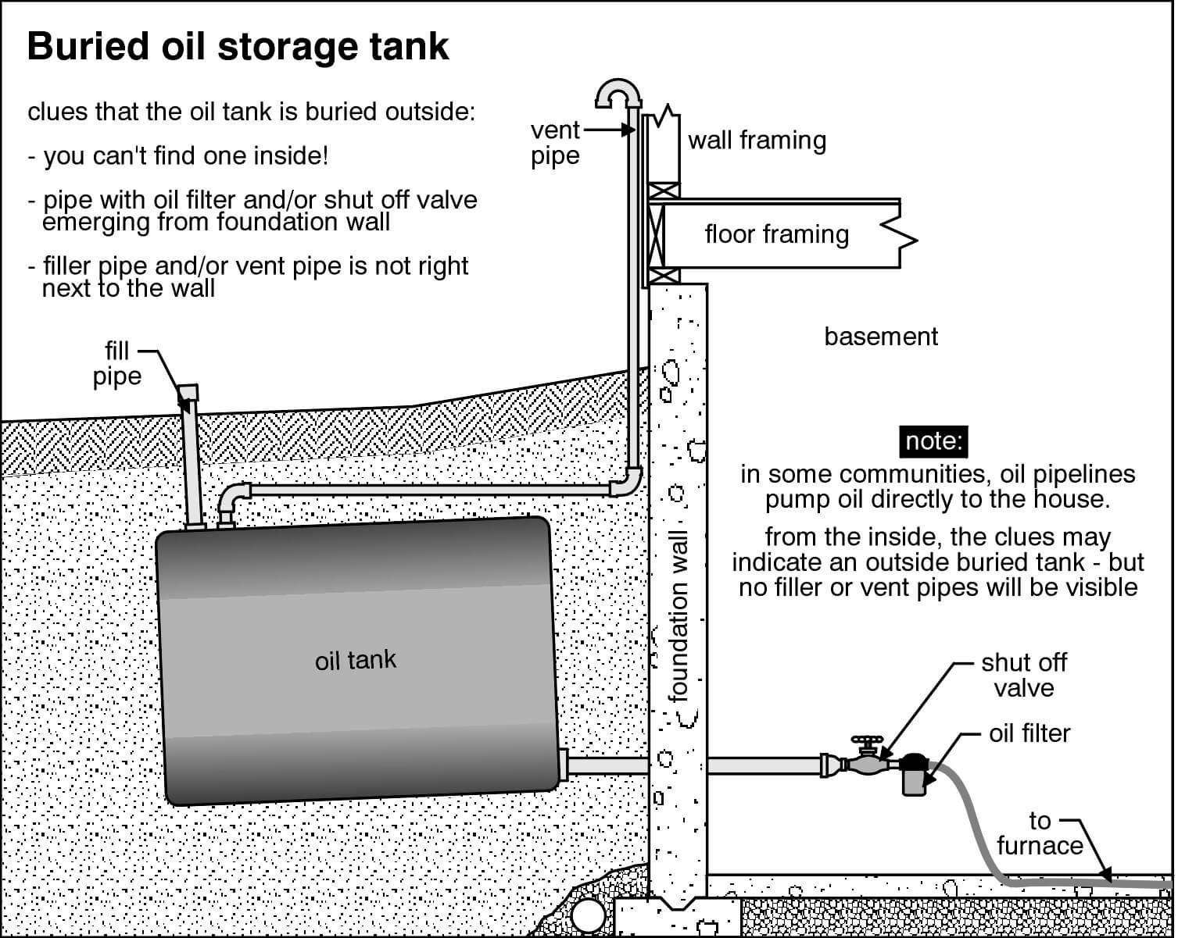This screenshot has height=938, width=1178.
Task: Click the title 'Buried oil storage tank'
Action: coord(238,46)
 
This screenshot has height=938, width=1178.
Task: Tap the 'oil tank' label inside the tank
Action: coord(356,661)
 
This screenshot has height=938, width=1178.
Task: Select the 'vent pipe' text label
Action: coord(555,143)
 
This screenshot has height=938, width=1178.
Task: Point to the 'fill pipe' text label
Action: coord(117,363)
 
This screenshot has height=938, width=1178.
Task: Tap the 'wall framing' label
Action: coord(757,141)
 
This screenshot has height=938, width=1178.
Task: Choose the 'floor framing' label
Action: coord(776,234)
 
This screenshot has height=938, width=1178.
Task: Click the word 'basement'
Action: coord(881,337)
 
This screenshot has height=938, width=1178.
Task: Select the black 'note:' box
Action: coord(933,441)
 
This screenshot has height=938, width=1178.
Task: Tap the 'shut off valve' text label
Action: coord(1023,675)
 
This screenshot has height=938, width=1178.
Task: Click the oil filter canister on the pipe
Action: coord(913,775)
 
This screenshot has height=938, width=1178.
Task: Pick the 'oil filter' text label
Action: coord(1029,733)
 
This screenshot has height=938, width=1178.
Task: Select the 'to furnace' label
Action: coord(1040,833)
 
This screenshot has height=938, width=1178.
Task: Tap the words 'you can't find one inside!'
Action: coord(186,156)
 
